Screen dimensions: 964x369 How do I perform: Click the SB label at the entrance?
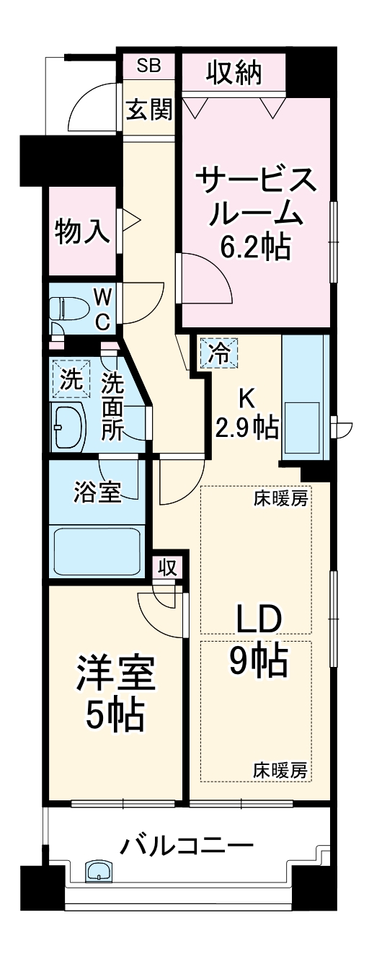tap(148, 66)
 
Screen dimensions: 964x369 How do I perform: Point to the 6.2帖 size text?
tap(255, 249)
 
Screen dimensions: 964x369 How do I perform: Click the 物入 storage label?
tap(82, 232)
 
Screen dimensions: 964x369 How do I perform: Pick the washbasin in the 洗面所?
tap(66, 427)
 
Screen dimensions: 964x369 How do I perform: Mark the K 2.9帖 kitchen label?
tap(247, 415)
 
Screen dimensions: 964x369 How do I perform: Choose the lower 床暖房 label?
tap(280, 770)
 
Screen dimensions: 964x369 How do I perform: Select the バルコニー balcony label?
tap(186, 844)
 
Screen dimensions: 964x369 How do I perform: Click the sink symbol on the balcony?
tap(97, 872)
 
